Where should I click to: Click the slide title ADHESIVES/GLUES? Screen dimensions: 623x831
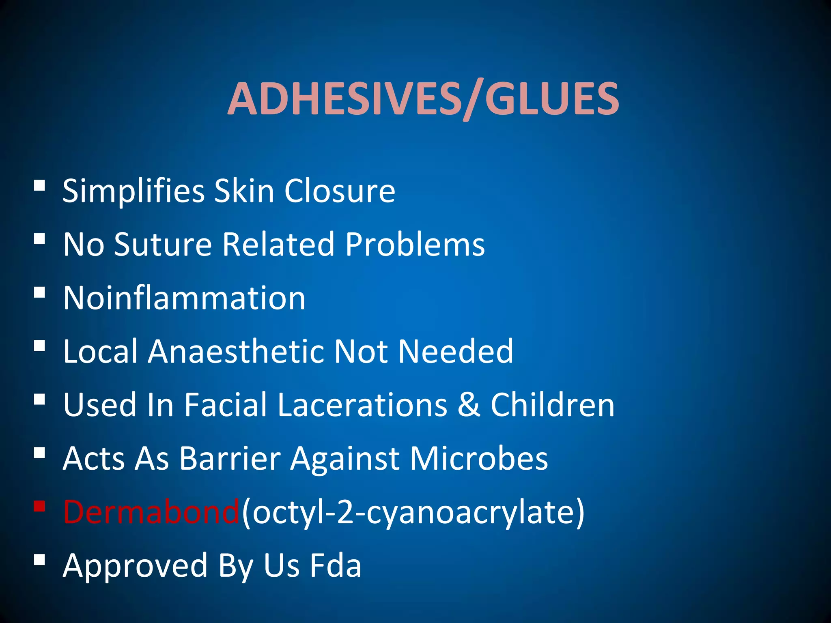[423, 99]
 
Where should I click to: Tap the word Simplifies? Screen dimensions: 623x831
[133, 191]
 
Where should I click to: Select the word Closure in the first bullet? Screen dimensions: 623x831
[340, 191]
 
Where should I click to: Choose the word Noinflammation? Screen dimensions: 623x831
[184, 298]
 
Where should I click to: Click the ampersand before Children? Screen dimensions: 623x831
[469, 405]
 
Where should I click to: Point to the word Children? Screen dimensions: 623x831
[553, 405]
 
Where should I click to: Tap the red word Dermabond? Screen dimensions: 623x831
[151, 512]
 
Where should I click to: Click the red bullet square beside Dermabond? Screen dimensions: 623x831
[39, 507]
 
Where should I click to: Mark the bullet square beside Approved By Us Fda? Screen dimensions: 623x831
[39, 560]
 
